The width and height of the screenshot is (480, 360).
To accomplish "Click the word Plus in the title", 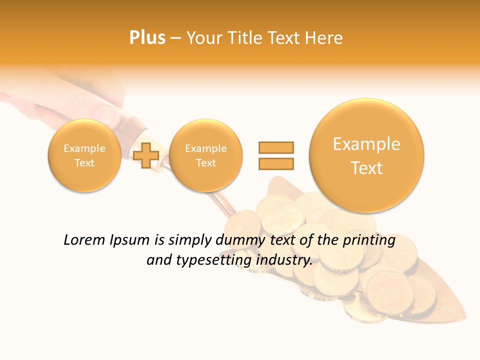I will click(x=147, y=37).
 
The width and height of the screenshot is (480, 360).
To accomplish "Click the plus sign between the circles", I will click(x=146, y=155).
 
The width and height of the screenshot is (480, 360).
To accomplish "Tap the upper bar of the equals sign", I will click(x=275, y=147).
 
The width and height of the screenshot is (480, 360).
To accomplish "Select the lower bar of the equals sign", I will click(x=275, y=163).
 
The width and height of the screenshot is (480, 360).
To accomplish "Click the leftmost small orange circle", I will click(x=84, y=155).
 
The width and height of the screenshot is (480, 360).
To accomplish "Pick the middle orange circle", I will click(x=205, y=155).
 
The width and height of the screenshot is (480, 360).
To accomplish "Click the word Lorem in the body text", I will click(x=85, y=240).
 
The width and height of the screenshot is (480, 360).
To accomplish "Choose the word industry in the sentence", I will click(x=284, y=260).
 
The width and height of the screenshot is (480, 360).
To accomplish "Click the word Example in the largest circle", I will click(x=366, y=144).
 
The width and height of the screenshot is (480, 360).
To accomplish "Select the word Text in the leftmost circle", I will click(x=84, y=163).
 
